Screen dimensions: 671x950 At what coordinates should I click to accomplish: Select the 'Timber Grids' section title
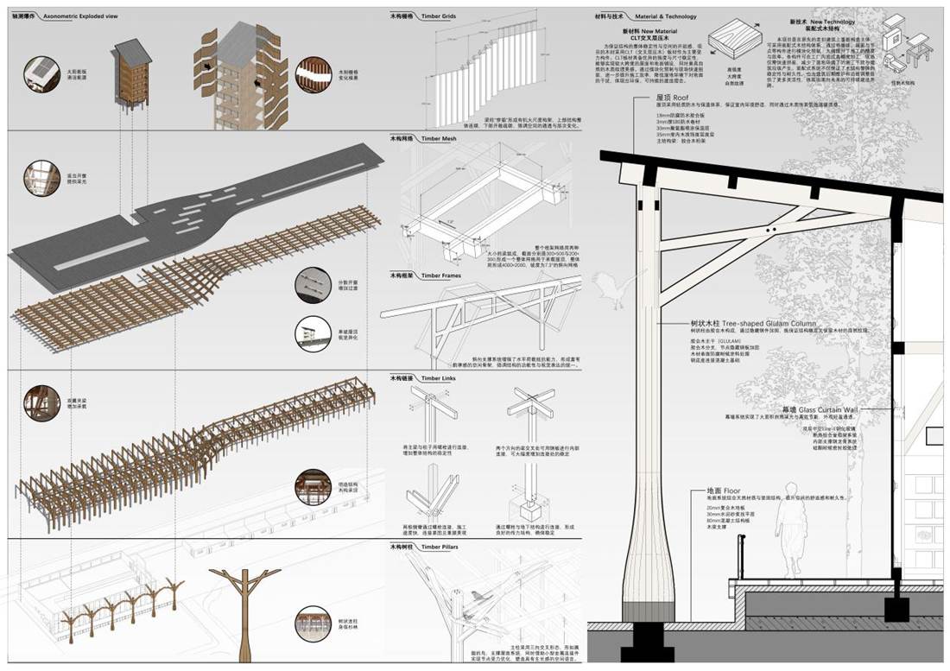point(437,16)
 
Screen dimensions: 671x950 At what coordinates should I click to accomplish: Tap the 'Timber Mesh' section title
point(437,139)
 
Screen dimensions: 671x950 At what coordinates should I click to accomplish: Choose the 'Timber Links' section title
point(437,378)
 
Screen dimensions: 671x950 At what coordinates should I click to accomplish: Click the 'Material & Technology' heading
point(665,16)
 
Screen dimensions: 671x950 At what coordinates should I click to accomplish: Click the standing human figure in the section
point(788,539)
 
